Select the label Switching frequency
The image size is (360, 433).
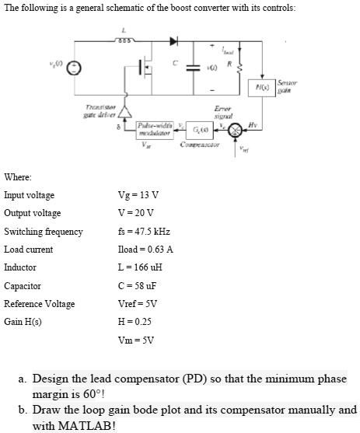[x=43, y=231]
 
